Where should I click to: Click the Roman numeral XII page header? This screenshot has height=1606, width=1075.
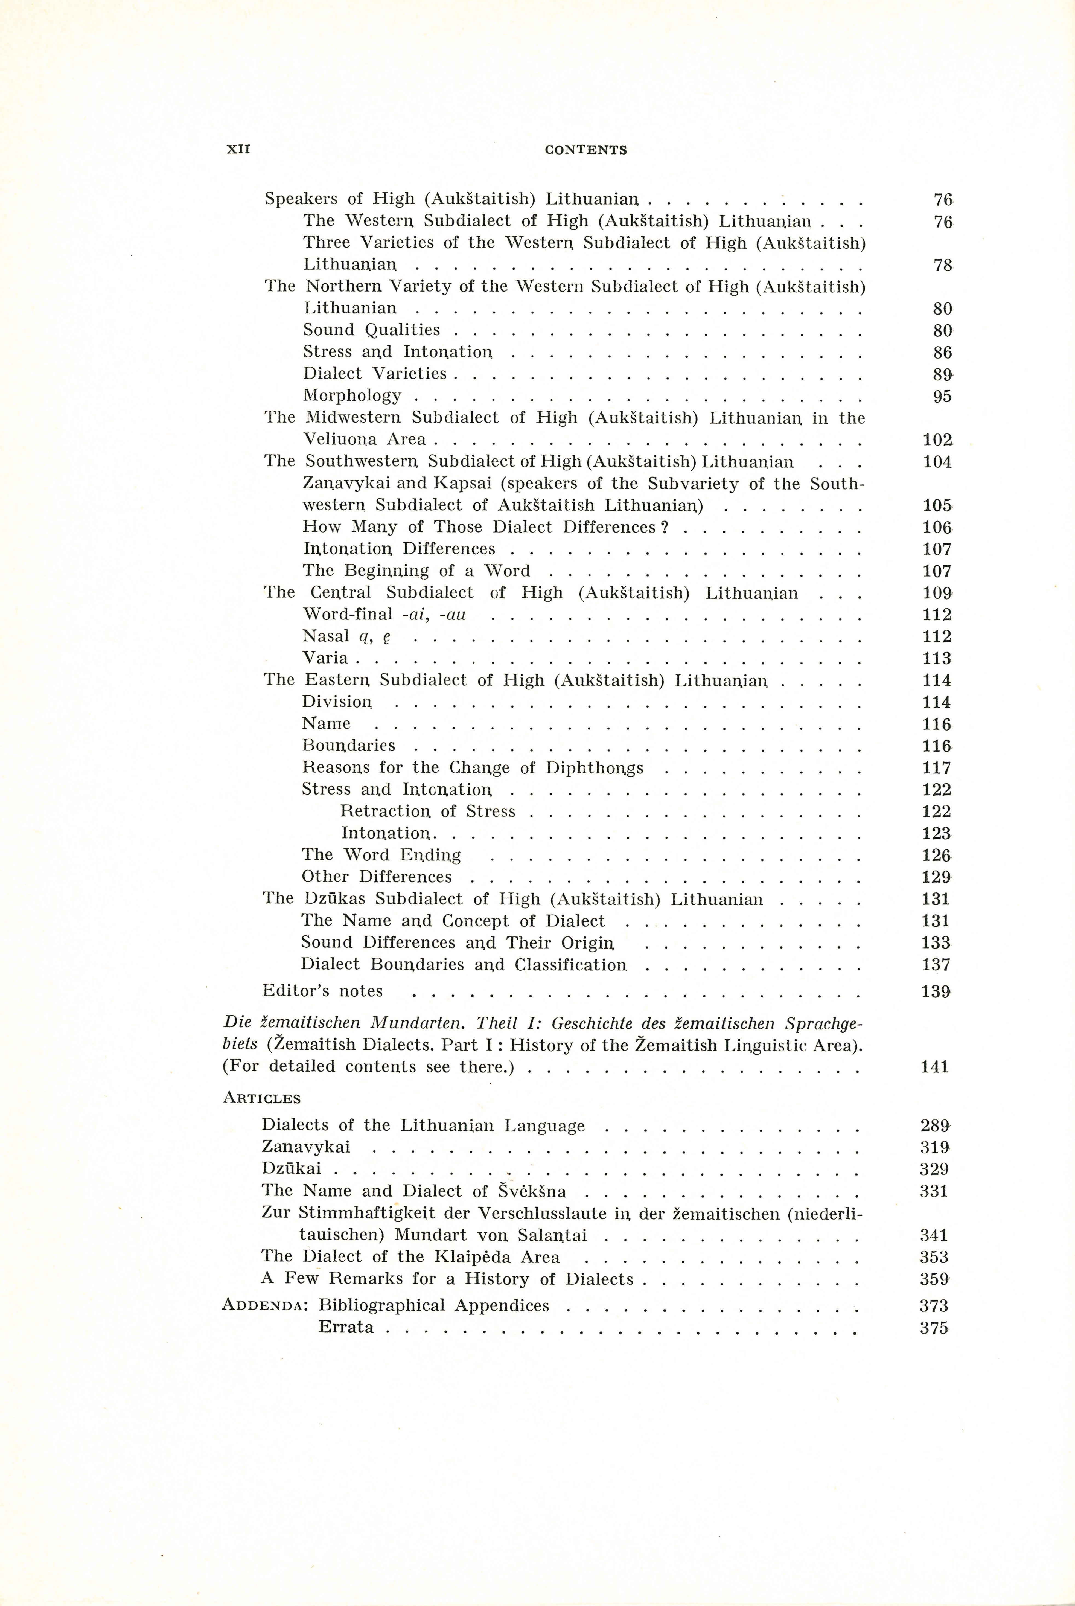pos(238,150)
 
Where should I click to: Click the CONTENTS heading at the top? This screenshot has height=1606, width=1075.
pos(585,150)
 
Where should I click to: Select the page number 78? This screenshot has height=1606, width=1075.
pos(943,265)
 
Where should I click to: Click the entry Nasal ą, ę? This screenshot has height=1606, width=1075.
pos(347,636)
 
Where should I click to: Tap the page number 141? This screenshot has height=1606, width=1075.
pos(934,1066)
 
